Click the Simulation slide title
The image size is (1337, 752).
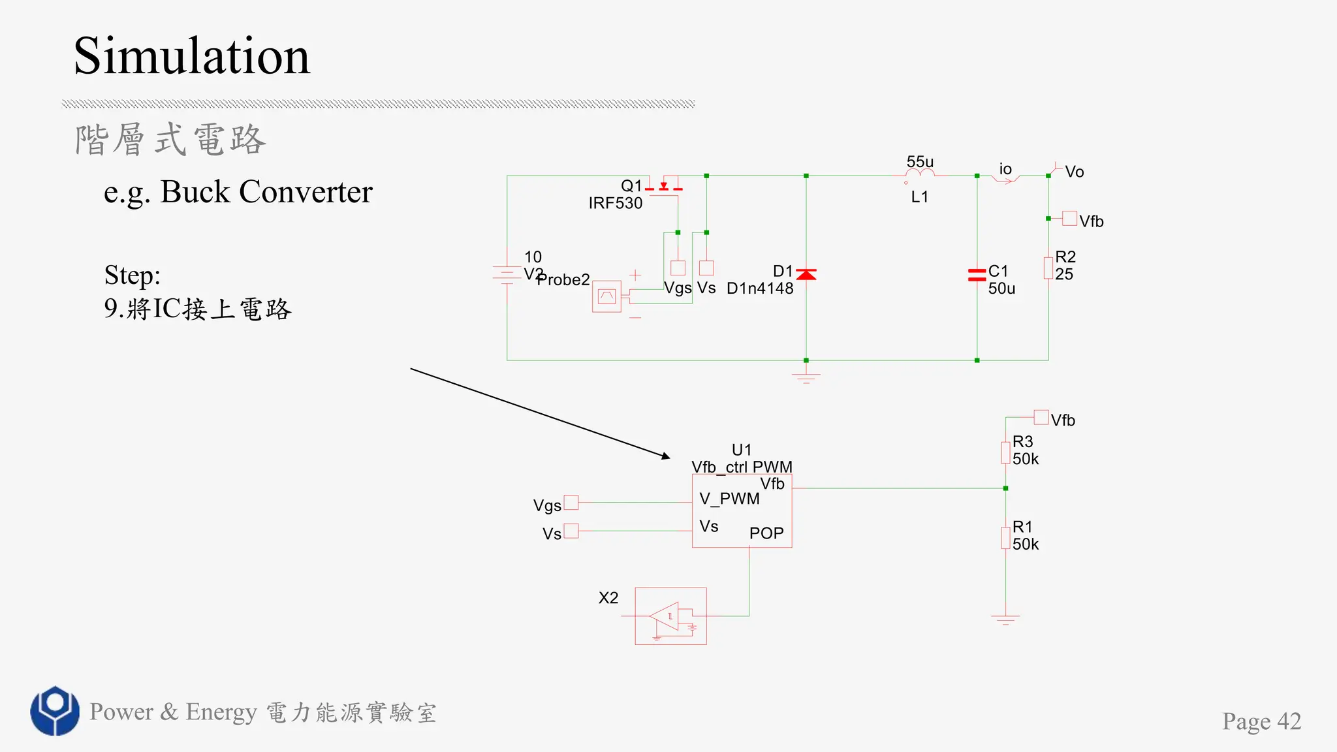(191, 56)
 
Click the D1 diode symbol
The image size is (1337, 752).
(806, 274)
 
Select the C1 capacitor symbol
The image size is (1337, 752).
(977, 275)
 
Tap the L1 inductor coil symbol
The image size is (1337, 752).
(920, 174)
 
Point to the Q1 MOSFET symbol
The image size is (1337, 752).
(664, 187)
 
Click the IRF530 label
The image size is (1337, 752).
(615, 203)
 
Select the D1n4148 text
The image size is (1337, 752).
(760, 288)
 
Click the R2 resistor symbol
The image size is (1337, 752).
(1048, 268)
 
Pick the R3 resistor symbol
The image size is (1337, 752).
(1005, 452)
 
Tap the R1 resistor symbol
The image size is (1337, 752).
(1005, 538)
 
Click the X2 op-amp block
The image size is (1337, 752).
(670, 616)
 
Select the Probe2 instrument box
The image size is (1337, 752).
(606, 296)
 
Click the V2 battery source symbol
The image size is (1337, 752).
(507, 274)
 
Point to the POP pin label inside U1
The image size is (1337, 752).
(766, 533)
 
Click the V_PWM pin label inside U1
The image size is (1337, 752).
(729, 499)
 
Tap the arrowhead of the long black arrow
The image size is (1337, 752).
(666, 456)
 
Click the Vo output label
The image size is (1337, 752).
(1074, 172)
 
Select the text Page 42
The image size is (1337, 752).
(1261, 721)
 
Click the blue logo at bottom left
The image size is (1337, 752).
(55, 710)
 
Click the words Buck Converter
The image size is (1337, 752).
(266, 192)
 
